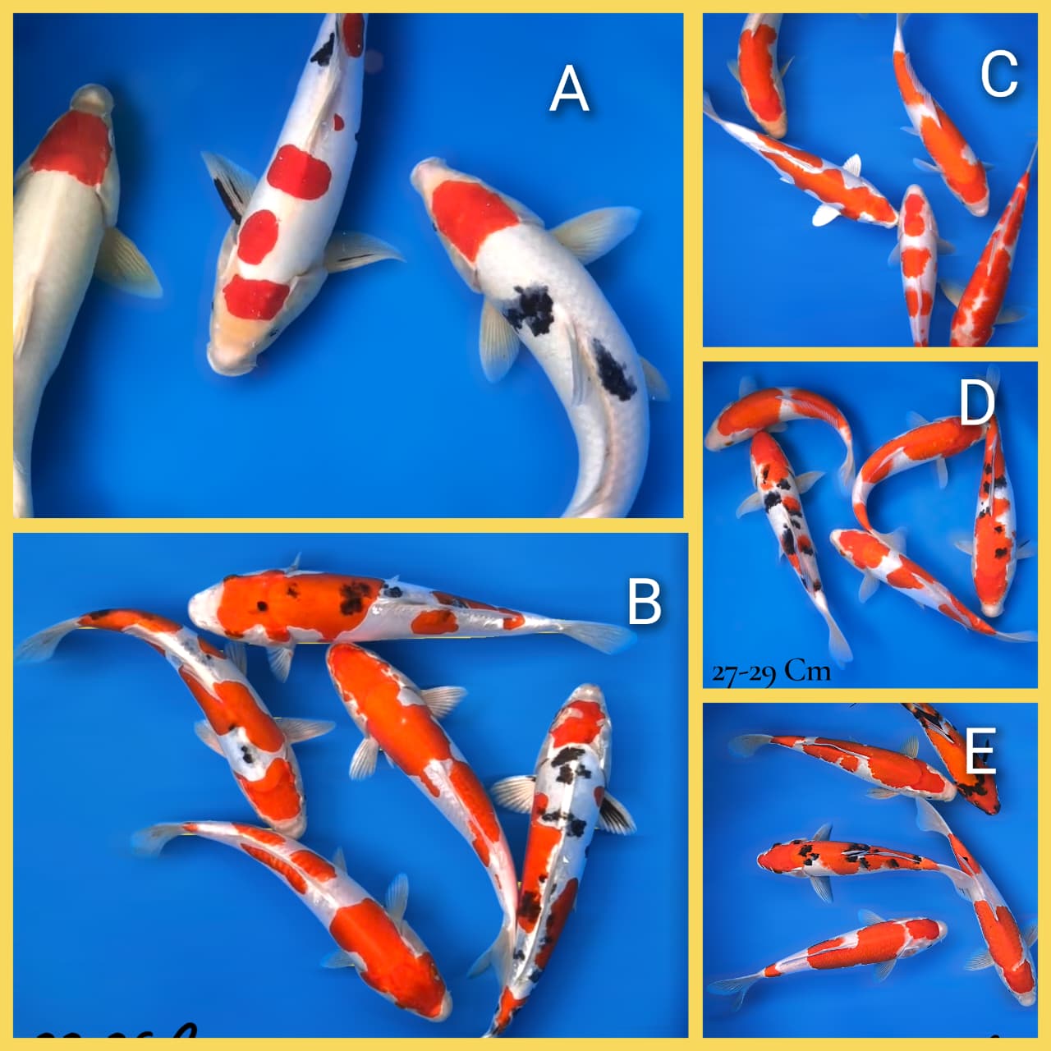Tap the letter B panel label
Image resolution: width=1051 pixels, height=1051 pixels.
(644, 601)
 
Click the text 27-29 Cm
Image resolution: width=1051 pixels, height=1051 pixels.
(771, 672)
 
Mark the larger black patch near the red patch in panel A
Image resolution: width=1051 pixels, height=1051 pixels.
(530, 309)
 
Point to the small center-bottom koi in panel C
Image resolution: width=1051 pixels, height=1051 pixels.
(917, 263)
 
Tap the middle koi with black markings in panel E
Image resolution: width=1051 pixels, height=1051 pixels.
(846, 858)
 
